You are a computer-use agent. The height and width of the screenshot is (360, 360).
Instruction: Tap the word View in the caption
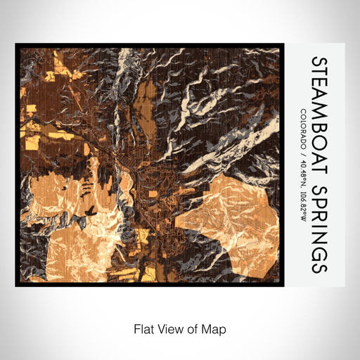coord(169,328)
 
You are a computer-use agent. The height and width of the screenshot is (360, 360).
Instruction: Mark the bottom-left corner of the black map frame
coord(17,285)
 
